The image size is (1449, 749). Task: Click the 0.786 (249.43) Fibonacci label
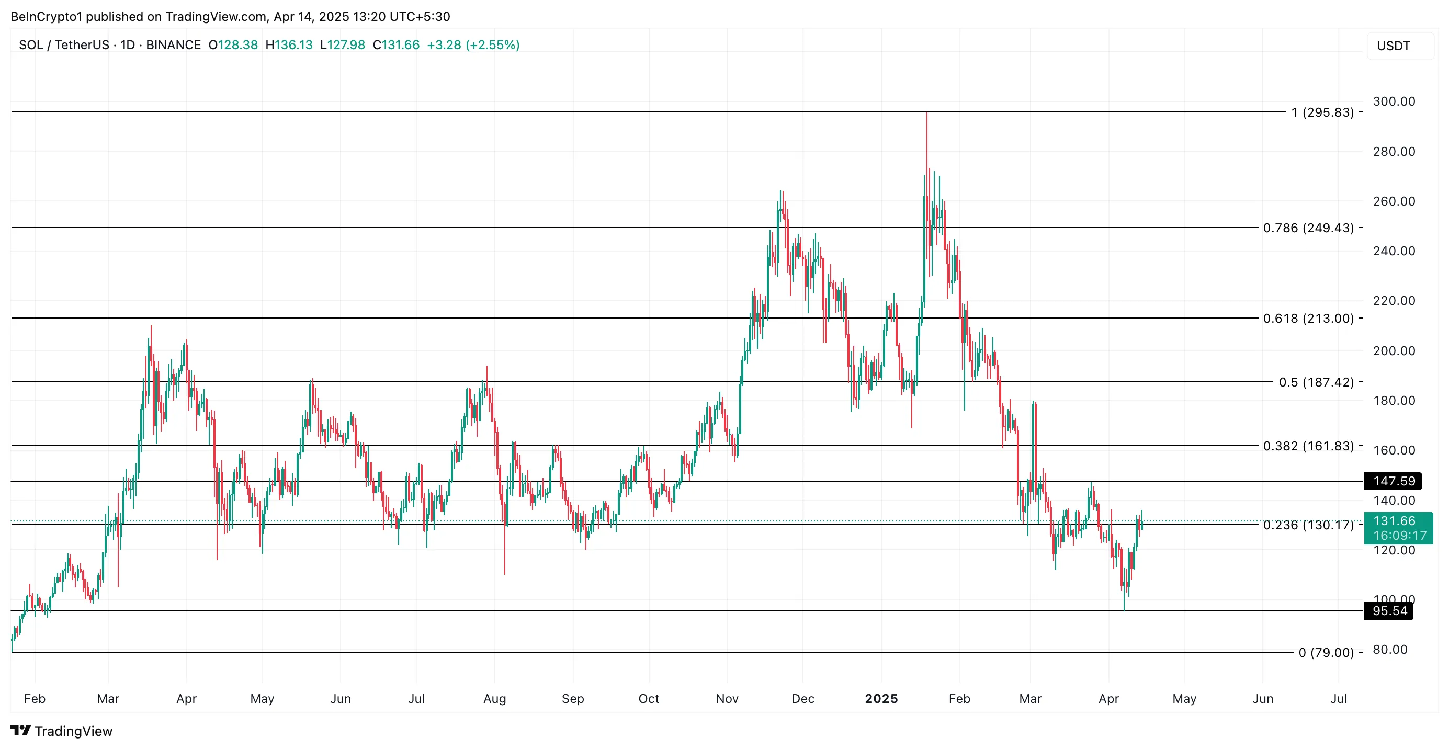coord(1308,228)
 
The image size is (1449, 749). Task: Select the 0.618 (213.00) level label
coord(1308,318)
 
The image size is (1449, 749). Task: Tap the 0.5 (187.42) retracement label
coord(1316,382)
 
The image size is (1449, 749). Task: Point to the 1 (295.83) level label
coord(1322,112)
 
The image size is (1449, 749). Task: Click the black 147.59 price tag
coord(1394,481)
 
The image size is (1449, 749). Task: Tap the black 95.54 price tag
coord(1389,611)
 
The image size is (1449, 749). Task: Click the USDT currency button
coord(1394,46)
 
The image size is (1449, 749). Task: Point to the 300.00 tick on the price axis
coord(1394,101)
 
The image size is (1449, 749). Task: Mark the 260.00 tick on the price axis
coord(1394,201)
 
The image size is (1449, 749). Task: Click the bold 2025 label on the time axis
coord(881,698)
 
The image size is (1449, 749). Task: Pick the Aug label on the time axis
coord(494,698)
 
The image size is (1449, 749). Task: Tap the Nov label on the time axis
coord(727,698)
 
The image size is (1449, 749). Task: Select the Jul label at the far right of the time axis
coord(1338,698)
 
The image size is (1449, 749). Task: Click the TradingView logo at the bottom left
coord(62,731)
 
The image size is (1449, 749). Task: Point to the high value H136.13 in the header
coord(289,45)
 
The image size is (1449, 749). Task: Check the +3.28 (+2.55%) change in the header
coord(473,45)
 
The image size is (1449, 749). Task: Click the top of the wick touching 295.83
coord(927,114)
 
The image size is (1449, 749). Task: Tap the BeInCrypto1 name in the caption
coord(46,16)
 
